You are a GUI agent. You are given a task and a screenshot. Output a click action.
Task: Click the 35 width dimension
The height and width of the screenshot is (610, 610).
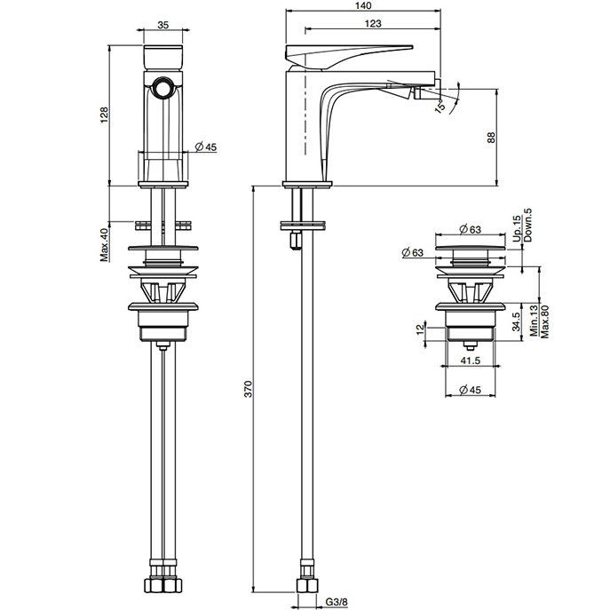162,26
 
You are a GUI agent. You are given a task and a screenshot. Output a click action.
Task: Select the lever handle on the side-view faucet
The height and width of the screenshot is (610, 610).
351,53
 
